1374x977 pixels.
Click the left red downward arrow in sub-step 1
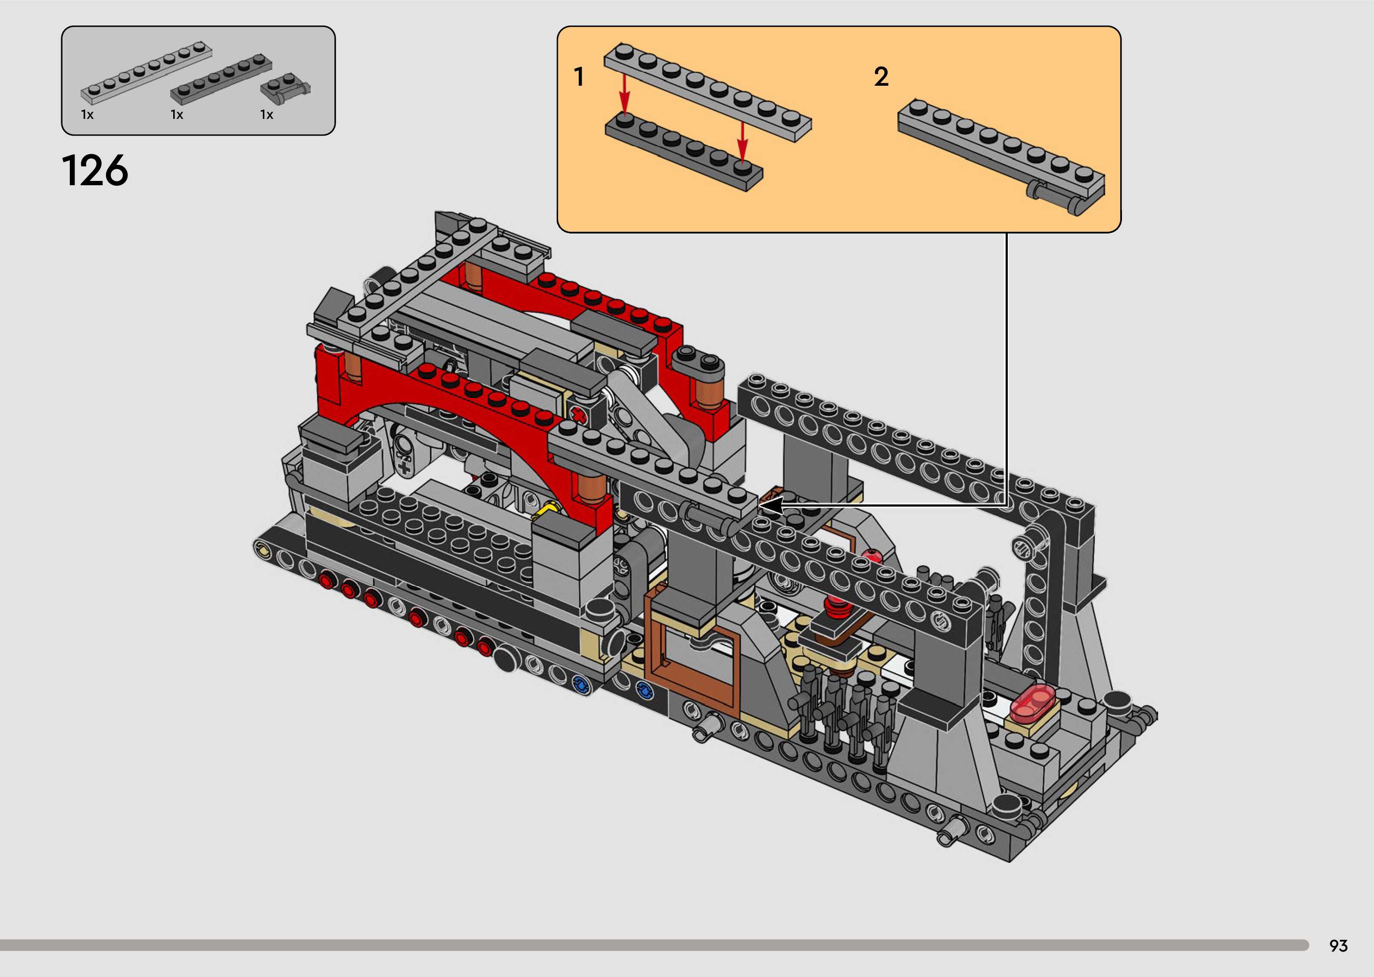point(625,93)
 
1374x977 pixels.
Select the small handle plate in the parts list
point(286,88)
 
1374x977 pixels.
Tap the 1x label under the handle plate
point(267,114)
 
